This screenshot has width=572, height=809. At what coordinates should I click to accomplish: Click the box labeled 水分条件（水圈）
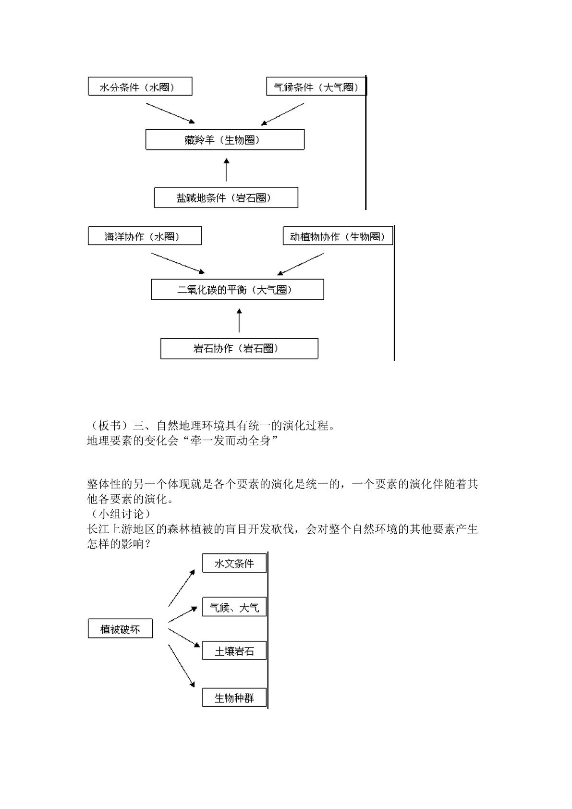[140, 86]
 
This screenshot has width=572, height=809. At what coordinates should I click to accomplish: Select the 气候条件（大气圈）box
[316, 86]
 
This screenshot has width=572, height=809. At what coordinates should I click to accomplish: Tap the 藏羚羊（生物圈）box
[225, 139]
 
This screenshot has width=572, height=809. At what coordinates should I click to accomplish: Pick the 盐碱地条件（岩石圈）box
[226, 197]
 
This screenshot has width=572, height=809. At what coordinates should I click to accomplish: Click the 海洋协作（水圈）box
[145, 235]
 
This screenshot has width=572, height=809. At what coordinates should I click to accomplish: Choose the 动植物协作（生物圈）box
[338, 235]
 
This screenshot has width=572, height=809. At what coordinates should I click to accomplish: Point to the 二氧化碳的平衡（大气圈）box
[238, 289]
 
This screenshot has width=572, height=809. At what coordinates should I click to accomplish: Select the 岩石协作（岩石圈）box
[240, 348]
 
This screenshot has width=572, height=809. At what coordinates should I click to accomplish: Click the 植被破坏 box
[120, 628]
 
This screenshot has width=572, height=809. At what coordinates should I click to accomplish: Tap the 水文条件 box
[234, 563]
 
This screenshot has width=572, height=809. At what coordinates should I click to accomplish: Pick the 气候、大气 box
[234, 607]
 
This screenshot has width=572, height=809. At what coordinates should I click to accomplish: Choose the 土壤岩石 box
[234, 650]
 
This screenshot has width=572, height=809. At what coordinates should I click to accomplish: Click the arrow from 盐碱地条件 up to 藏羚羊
[226, 170]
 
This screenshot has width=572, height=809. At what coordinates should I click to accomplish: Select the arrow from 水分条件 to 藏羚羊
[170, 113]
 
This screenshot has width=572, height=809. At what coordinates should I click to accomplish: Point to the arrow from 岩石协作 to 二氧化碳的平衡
[239, 320]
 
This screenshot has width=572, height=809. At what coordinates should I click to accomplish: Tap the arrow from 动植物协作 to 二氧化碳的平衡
[301, 264]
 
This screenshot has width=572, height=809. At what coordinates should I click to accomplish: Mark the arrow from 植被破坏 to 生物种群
[182, 666]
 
